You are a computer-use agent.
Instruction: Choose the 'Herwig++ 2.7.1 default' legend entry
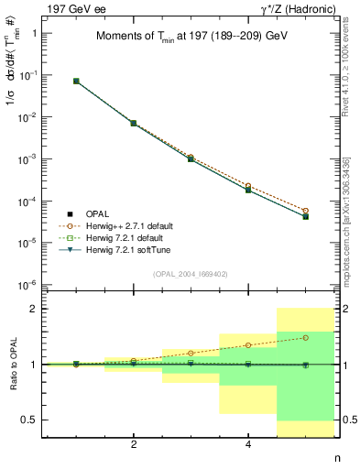pos(128,225)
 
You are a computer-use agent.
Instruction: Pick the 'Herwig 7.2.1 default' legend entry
pos(125,237)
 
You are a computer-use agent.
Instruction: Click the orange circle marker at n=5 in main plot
pos(305,211)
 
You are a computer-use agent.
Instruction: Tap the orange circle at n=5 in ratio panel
pos(305,337)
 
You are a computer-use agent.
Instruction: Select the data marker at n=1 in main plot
pos(76,82)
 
